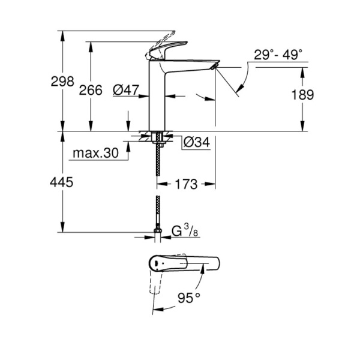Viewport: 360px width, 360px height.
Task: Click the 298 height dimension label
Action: pos(63,81)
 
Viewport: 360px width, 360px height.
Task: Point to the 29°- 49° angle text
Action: pos(277,55)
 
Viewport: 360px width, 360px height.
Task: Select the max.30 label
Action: pos(95,154)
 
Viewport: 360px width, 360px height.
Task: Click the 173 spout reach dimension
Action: pos(187,185)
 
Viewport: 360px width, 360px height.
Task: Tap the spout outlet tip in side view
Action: pos(215,65)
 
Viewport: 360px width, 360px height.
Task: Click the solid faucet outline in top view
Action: pos(198,263)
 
